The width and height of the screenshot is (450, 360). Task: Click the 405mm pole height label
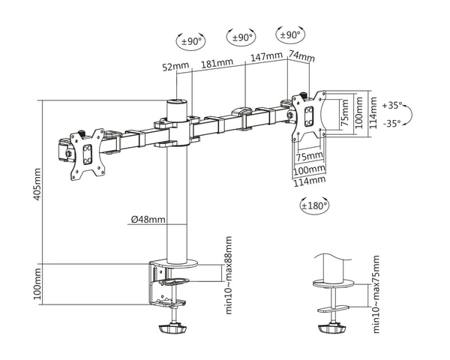37,184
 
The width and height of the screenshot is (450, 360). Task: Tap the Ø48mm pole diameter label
148,220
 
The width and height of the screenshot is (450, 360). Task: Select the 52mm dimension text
175,66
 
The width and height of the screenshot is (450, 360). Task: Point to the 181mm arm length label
217,63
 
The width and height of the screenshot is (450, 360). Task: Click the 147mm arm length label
266,56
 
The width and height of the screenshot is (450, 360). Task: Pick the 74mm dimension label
301,55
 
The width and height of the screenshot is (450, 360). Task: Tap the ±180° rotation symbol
314,205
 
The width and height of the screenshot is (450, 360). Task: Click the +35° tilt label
391,105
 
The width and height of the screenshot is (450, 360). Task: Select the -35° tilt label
391,124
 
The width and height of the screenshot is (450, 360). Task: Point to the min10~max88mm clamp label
229,275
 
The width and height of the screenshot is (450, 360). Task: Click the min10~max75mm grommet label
376,294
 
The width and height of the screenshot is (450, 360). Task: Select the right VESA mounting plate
309,115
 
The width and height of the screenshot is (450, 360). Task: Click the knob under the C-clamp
172,328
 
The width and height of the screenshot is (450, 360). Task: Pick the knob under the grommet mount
332,328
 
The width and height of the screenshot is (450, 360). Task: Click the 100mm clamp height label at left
37,284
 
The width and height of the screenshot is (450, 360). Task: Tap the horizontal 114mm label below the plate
309,181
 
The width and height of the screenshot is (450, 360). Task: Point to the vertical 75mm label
344,112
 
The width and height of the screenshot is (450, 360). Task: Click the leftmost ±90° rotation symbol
190,42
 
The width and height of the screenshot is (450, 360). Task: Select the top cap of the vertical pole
177,101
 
